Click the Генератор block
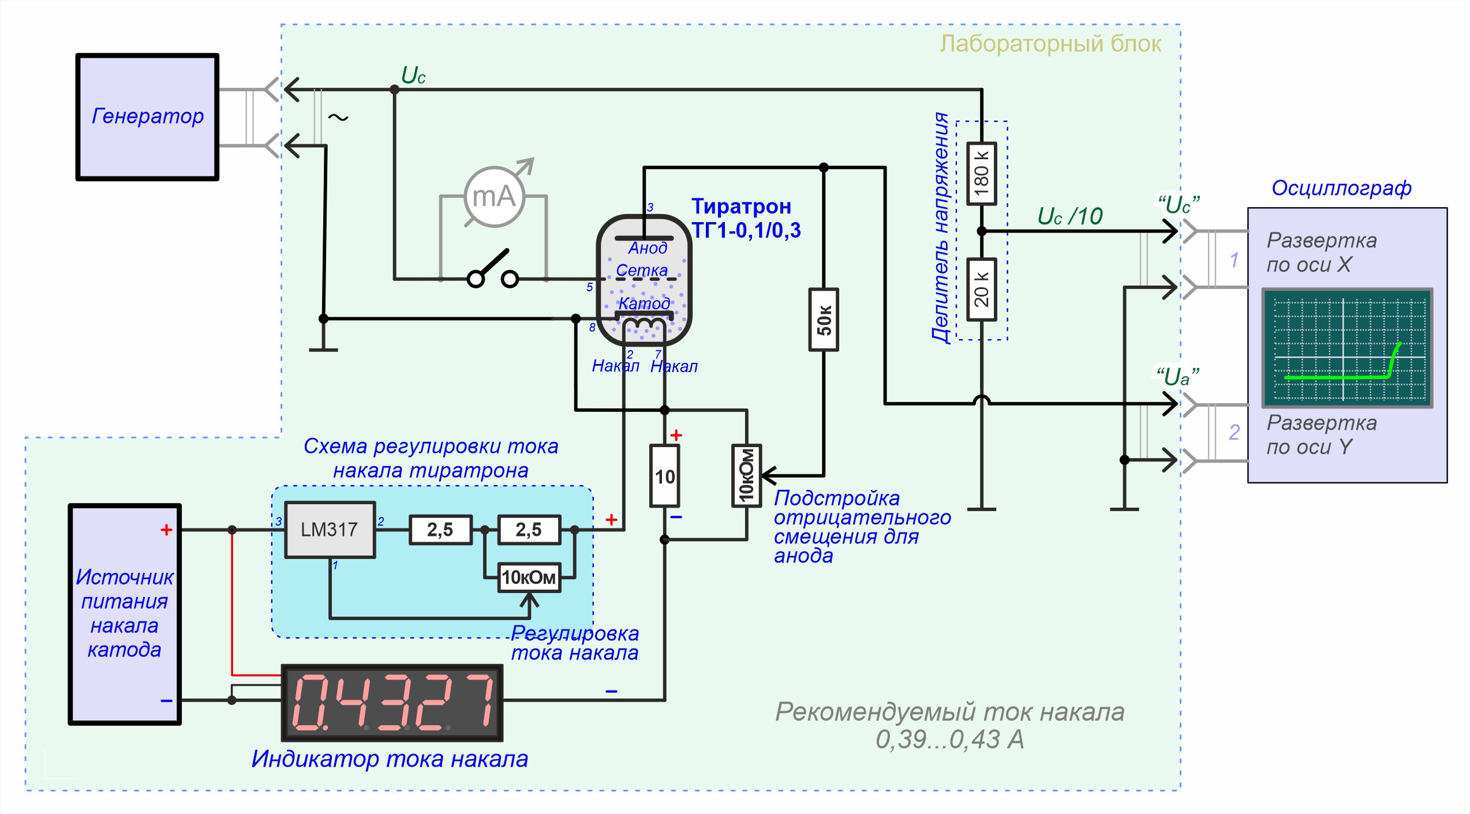(x=147, y=117)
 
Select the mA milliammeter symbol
(x=495, y=197)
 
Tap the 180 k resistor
(x=981, y=173)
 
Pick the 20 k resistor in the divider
(x=981, y=288)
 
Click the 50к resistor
(x=824, y=320)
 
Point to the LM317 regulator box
(x=330, y=530)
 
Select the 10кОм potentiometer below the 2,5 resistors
(x=529, y=577)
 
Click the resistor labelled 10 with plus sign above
(x=664, y=476)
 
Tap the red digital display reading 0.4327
(x=392, y=703)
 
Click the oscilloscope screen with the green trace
(x=1347, y=348)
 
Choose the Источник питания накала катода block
(x=125, y=614)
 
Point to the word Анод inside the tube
(x=648, y=248)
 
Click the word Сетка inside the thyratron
(x=641, y=270)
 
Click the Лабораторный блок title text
(x=1050, y=44)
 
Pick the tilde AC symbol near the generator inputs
(x=338, y=118)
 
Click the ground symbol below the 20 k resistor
(x=981, y=509)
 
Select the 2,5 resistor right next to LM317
(x=440, y=530)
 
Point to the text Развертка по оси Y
(x=1321, y=434)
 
